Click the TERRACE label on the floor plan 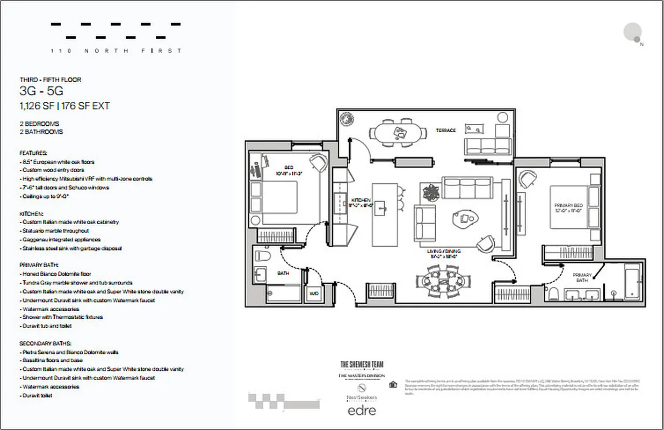(446, 131)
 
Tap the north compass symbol (633, 33)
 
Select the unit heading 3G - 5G (41, 91)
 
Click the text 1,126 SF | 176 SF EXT (64, 106)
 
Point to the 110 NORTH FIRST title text (116, 51)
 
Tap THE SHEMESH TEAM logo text (362, 364)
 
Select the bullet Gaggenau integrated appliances (61, 239)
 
